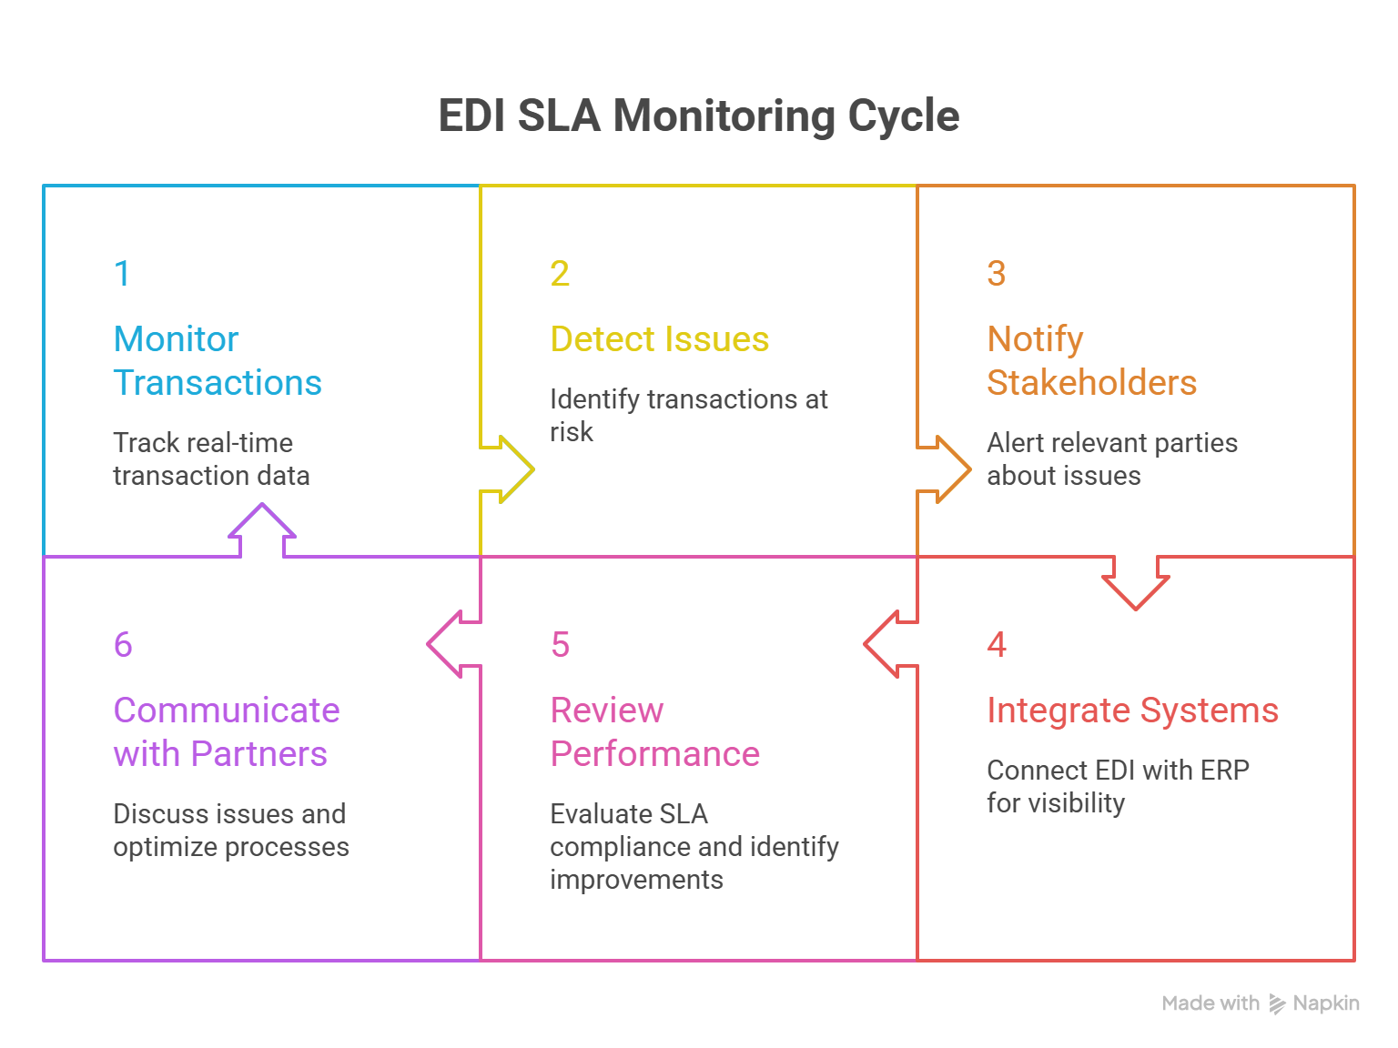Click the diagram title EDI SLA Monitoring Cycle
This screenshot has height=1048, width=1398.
(698, 116)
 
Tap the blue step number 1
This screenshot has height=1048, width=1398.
(122, 274)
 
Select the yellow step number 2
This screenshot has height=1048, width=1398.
(560, 274)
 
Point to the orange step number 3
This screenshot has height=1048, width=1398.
(997, 274)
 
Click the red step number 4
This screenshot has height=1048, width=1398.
(997, 645)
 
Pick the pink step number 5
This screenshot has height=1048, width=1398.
(560, 645)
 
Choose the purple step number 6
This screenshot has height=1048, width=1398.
(123, 645)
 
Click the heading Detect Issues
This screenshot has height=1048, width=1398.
(660, 339)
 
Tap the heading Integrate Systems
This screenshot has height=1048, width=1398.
(1132, 710)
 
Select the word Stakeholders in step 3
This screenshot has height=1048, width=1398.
(1091, 383)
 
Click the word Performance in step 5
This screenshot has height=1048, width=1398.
(654, 754)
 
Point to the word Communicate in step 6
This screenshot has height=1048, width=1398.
(226, 710)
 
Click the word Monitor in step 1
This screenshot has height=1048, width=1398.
(176, 339)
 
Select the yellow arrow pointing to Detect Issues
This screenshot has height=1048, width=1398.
(510, 469)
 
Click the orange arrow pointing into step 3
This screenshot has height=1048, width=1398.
(947, 469)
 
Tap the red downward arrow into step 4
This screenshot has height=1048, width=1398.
(1135, 582)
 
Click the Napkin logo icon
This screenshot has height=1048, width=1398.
(1278, 1004)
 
